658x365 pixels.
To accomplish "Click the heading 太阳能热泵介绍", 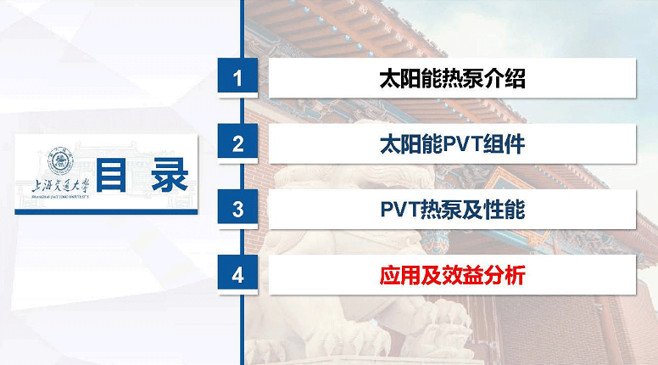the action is click(453, 79).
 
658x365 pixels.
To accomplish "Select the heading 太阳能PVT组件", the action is click(453, 144).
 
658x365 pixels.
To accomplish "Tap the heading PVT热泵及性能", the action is click(453, 210).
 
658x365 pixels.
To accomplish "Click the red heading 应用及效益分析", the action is click(453, 276).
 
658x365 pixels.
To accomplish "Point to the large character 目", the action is click(111, 175).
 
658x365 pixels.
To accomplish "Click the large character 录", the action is click(170, 175).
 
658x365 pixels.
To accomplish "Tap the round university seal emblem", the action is click(60, 161).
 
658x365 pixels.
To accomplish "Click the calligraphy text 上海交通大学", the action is click(61, 186).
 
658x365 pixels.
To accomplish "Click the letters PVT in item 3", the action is click(400, 210).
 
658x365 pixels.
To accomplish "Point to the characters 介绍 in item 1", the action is click(505, 79).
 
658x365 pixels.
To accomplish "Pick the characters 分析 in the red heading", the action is click(505, 276).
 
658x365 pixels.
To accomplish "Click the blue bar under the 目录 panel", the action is click(106, 212).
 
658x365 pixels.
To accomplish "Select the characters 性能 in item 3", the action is click(505, 210).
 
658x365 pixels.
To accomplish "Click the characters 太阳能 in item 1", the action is click(410, 79).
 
